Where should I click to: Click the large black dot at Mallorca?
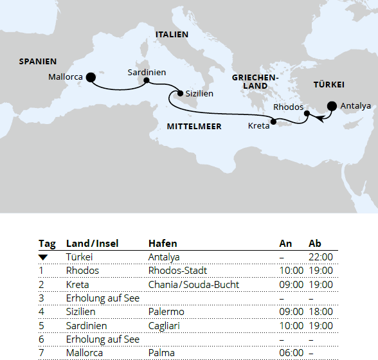[x=91, y=77]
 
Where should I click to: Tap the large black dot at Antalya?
[x=332, y=106]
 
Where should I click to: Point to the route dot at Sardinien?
[x=147, y=81]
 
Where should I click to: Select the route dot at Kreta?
[x=274, y=122]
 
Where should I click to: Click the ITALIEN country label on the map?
[x=172, y=34]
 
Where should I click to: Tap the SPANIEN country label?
[x=38, y=62]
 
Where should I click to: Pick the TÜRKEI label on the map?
[x=328, y=85]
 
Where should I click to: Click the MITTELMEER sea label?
[x=194, y=127]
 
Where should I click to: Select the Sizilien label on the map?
[x=199, y=94]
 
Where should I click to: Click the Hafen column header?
[x=163, y=244]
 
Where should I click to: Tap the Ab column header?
[x=315, y=244]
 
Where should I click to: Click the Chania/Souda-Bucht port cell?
[x=194, y=284]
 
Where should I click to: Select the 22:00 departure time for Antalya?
[x=321, y=257]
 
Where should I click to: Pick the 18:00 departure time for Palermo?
[x=321, y=312]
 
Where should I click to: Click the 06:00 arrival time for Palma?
[x=291, y=353]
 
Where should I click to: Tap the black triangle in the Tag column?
[x=43, y=257]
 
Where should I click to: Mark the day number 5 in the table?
[x=41, y=325]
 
